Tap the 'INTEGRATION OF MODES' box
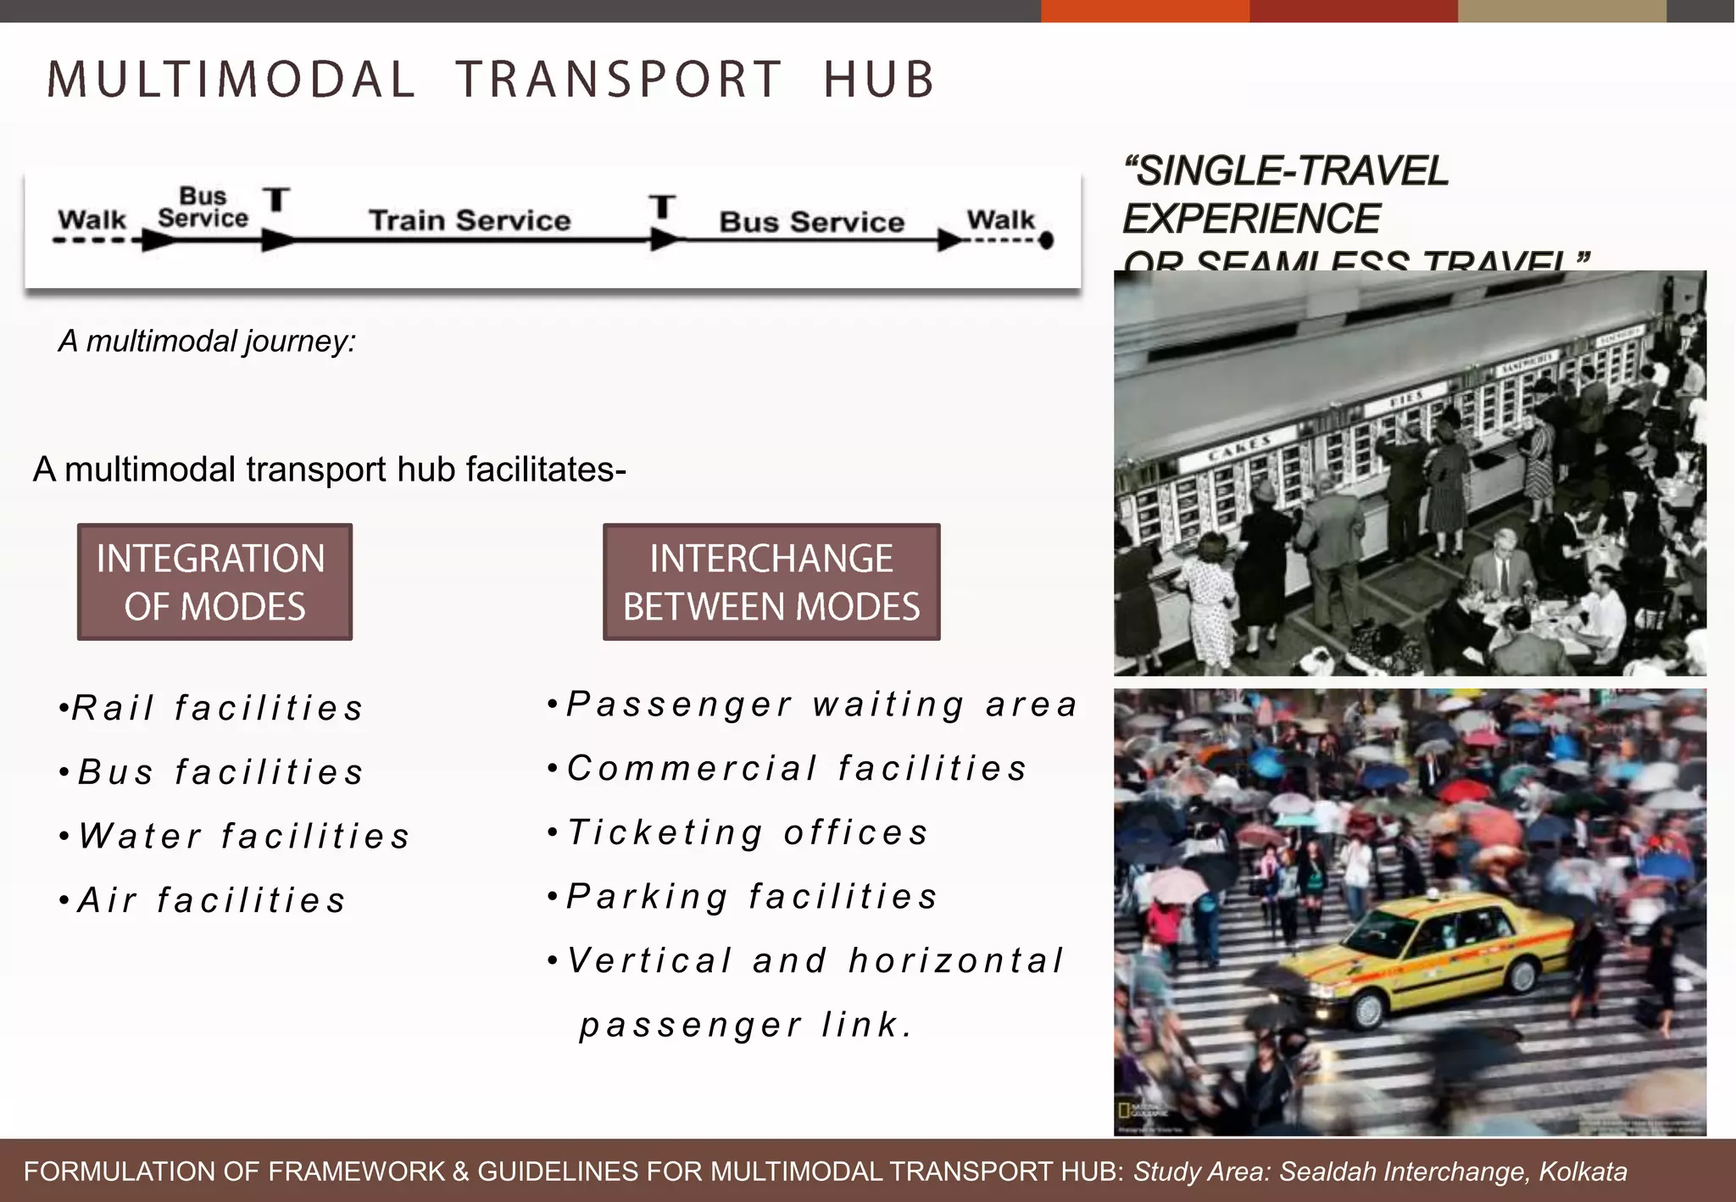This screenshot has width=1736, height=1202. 214,582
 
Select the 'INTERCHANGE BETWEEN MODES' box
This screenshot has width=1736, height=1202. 771,582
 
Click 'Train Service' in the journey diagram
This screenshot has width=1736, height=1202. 470,220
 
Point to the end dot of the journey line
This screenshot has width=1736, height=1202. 1047,241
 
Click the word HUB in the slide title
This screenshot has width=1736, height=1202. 878,81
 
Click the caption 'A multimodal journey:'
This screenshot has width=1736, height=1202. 207,342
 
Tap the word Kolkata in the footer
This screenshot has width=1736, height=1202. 1583,1171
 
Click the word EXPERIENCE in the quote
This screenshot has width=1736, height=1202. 1251,219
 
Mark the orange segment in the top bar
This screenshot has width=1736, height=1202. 1144,10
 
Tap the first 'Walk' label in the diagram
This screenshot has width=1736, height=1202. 92,220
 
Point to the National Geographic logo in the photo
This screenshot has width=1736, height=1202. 1125,1110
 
